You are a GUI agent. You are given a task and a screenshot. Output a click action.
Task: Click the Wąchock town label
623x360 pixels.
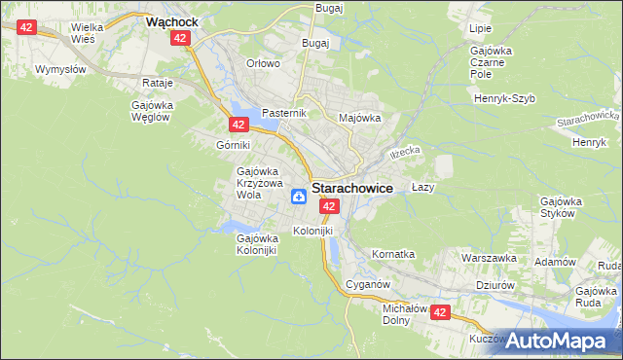(171, 19)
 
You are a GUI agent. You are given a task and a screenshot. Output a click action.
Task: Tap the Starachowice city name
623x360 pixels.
(351, 190)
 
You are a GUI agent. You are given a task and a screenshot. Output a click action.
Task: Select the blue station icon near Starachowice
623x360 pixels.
(299, 198)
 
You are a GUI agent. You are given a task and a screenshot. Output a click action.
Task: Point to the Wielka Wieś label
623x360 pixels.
(94, 34)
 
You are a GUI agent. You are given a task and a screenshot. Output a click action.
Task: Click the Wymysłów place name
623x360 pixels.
(61, 70)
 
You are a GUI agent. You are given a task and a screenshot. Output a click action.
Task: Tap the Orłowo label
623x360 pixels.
(263, 63)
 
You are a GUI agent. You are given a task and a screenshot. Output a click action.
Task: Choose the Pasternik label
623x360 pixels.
(284, 113)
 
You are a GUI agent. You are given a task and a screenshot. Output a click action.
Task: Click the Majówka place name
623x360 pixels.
(359, 118)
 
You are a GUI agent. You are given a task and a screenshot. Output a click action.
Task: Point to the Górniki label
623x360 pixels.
(234, 144)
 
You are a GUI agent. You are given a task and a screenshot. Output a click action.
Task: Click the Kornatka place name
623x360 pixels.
(393, 254)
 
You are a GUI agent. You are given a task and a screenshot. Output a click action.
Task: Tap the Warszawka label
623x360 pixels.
(488, 259)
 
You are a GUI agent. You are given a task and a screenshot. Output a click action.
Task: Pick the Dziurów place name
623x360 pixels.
(495, 285)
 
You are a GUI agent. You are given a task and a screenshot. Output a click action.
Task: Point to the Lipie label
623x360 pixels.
(480, 29)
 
